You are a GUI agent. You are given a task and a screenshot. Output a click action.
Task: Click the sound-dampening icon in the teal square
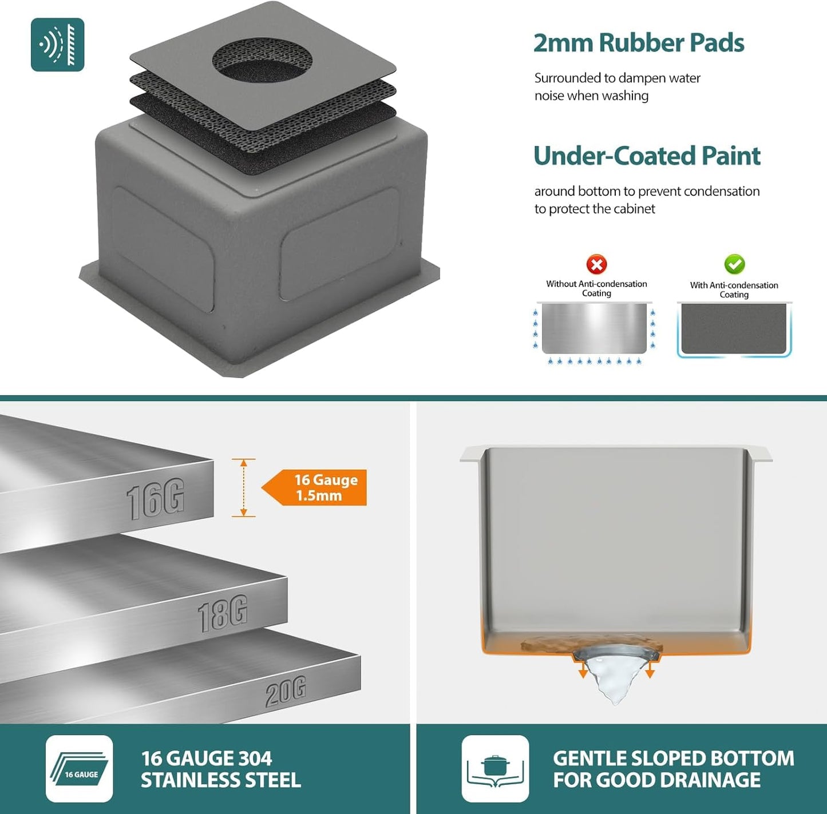(x=57, y=45)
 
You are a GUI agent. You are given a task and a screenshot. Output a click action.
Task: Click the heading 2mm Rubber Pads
(x=639, y=43)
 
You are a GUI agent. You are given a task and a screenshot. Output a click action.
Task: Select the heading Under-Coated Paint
(x=647, y=156)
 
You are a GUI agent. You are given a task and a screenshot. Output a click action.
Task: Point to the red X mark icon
(x=596, y=264)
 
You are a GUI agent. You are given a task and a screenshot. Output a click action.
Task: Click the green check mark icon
(x=735, y=264)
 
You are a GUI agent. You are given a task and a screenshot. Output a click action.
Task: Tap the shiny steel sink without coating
(x=595, y=328)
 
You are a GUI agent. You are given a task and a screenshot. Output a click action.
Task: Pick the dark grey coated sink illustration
(x=734, y=329)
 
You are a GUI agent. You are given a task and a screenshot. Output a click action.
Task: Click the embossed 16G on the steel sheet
(x=155, y=499)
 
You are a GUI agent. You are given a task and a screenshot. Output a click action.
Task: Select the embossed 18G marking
(x=223, y=613)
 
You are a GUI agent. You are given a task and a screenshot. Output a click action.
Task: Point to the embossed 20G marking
(x=286, y=690)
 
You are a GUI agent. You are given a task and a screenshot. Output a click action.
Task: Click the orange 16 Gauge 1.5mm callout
(x=314, y=487)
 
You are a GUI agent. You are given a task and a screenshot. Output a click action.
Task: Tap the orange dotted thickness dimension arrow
(x=244, y=487)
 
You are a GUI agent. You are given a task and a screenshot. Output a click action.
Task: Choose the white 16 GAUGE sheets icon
(x=80, y=768)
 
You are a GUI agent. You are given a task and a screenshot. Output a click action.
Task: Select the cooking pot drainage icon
(x=495, y=768)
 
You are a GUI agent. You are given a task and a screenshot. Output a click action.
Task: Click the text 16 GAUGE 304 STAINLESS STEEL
(x=221, y=769)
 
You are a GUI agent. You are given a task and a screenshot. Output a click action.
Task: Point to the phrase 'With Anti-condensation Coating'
(x=734, y=289)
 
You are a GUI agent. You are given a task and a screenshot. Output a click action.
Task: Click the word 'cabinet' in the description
(x=634, y=209)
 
